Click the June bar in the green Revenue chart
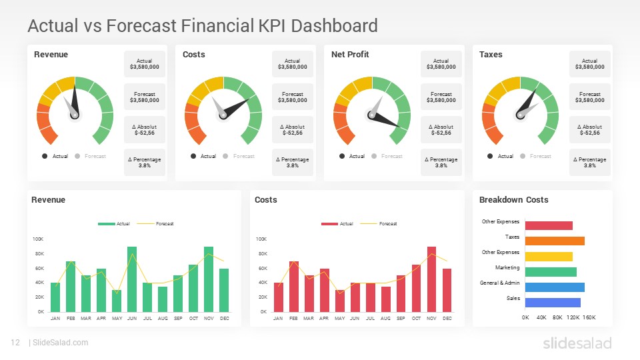[132, 279]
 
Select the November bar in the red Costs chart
[431, 279]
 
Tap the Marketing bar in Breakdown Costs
[551, 272]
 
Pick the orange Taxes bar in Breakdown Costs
[555, 241]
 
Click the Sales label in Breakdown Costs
[513, 298]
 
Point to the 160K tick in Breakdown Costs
[589, 318]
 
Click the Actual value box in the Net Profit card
[441, 64]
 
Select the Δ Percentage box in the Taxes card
[590, 162]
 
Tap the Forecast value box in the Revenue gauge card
[145, 97]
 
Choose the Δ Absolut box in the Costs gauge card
[293, 129]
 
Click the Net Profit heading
[350, 55]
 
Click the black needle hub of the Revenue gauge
[75, 115]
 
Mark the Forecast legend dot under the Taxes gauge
[523, 156]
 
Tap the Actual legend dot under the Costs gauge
[193, 156]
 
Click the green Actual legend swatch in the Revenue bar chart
[106, 224]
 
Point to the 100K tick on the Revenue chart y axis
[38, 239]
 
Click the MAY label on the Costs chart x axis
[340, 319]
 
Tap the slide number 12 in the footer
[15, 343]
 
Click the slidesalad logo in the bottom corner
[577, 343]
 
